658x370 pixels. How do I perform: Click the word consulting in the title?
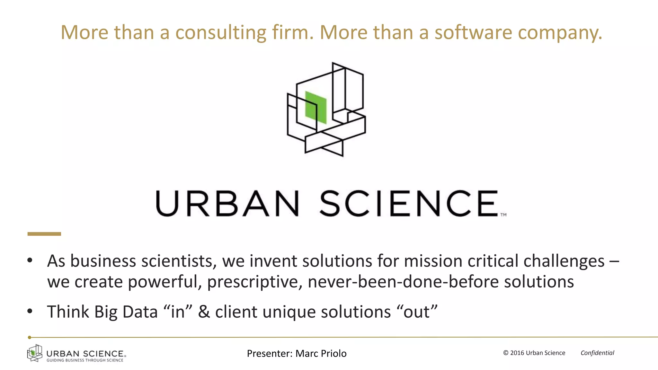coord(221,33)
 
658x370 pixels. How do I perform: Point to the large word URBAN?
coord(227,204)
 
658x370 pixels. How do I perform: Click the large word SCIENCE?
coord(409,204)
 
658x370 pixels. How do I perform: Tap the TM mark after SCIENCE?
coord(503,215)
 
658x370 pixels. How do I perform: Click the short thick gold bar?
coord(44,234)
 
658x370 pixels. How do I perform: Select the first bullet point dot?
coord(30,260)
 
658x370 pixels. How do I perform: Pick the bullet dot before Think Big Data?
coord(30,311)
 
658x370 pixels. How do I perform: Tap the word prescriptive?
coord(254,282)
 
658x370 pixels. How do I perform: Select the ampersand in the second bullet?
coord(204,312)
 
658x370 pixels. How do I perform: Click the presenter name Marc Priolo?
coord(321,353)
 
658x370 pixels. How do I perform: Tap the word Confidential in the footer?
coord(597,353)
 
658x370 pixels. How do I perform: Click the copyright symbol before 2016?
coord(506,353)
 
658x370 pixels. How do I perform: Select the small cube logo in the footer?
coord(35,353)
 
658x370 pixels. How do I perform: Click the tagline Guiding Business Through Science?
coord(85,360)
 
